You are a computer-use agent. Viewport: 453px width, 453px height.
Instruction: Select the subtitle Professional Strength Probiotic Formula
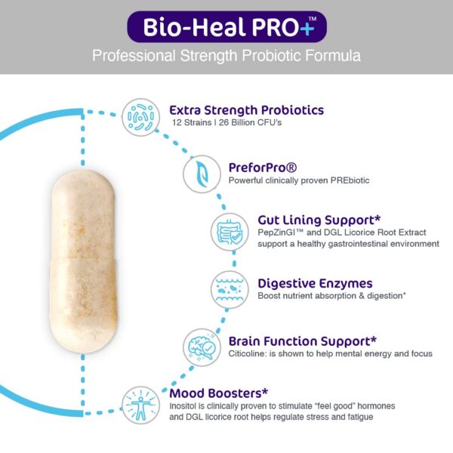pyautogui.click(x=226, y=56)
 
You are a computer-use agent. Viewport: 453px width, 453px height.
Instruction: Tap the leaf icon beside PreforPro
pyautogui.click(x=202, y=173)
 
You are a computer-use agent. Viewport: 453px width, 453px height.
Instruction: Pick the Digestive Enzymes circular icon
pyautogui.click(x=230, y=289)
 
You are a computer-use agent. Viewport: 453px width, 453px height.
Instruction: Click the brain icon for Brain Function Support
pyautogui.click(x=202, y=347)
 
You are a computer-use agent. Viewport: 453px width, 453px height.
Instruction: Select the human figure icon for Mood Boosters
pyautogui.click(x=141, y=405)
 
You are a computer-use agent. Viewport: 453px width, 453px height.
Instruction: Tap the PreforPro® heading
pyautogui.click(x=262, y=167)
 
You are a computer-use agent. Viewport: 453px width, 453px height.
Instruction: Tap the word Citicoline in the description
pyautogui.click(x=248, y=353)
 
